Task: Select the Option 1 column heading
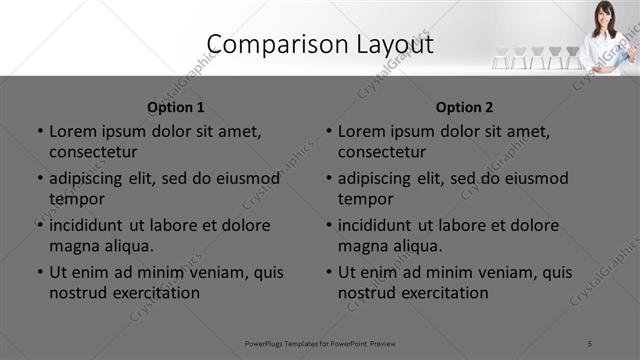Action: pyautogui.click(x=176, y=107)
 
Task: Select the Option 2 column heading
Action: pyautogui.click(x=465, y=107)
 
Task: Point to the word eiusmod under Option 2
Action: pyautogui.click(x=536, y=179)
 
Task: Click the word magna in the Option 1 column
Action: pyautogui.click(x=74, y=246)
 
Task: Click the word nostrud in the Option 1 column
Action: pyautogui.click(x=76, y=293)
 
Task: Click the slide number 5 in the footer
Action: pyautogui.click(x=590, y=344)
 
